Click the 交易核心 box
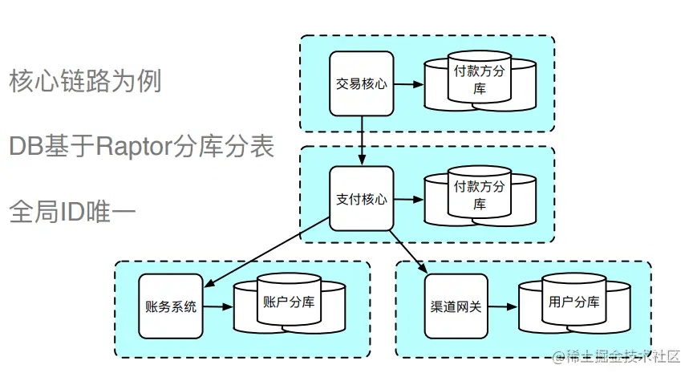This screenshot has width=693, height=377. click(361, 83)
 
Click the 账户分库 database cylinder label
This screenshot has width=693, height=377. click(288, 302)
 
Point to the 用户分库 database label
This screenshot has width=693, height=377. click(573, 302)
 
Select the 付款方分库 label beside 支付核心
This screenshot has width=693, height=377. click(480, 195)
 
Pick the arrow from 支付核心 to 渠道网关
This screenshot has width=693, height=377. click(407, 251)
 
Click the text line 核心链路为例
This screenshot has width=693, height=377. click(85, 81)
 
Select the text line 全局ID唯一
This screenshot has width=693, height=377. click(71, 211)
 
